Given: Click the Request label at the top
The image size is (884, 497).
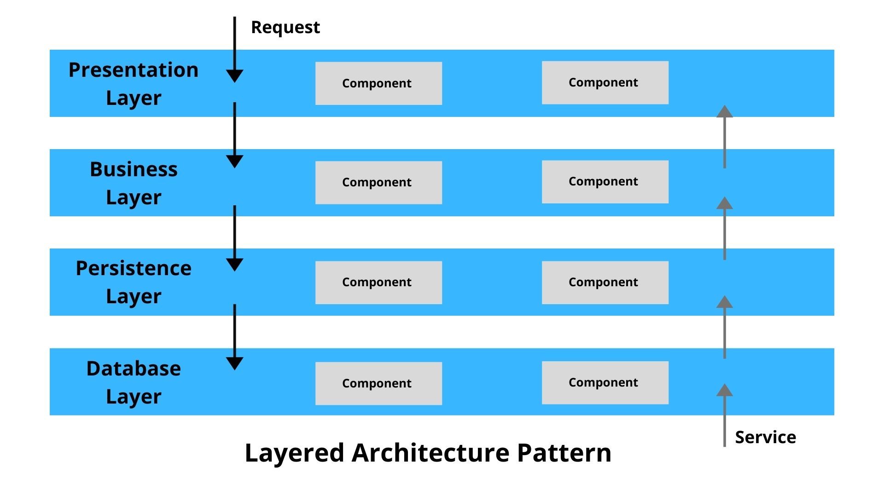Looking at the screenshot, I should point(285,28).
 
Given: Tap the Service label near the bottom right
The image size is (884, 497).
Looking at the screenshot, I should point(765,437).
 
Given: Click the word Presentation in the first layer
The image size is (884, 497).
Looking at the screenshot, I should point(134,70).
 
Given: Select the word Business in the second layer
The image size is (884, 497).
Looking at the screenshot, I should point(134,169).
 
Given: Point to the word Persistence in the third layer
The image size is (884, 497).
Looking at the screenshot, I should point(134,268).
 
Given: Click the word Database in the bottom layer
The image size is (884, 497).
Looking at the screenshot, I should point(134,369).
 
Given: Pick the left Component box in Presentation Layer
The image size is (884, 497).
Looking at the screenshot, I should point(378,83).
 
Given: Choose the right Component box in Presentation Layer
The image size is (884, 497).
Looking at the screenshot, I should point(605,82).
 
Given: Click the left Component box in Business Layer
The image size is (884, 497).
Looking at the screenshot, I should point(378,182).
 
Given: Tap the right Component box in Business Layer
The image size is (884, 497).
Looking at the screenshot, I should point(605,181).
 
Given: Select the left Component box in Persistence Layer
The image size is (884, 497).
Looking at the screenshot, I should point(378,282).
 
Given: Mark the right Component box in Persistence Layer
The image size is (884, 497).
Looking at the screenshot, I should point(605,282).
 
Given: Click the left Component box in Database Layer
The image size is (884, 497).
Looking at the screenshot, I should point(378,383).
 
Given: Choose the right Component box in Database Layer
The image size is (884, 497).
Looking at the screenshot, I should point(605,382).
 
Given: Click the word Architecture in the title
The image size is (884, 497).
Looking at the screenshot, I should point(430,453).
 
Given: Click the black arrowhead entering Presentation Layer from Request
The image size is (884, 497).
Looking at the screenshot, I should point(235,76).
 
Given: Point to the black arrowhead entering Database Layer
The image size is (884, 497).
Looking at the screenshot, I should point(235,364).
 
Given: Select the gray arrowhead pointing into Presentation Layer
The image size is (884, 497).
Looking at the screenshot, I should point(724,112).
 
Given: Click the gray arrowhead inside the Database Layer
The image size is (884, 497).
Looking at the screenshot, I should point(724,390).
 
